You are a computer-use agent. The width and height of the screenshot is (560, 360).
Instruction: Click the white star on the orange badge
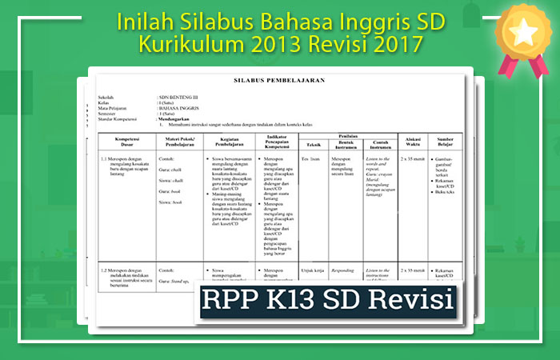pyautogui.click(x=522, y=31)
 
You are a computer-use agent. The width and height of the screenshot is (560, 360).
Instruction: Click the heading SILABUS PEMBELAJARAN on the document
pyautogui.click(x=273, y=82)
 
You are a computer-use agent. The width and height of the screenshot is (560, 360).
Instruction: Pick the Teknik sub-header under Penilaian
pyautogui.click(x=312, y=145)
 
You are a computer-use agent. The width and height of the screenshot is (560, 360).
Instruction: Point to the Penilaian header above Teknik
pyautogui.click(x=347, y=137)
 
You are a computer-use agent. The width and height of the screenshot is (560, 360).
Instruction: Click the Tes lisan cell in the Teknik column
pyautogui.click(x=310, y=158)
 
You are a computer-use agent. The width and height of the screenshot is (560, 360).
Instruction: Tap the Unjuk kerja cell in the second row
pyautogui.click(x=312, y=270)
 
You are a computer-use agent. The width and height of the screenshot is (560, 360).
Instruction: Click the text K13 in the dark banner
pyautogui.click(x=308, y=300)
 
